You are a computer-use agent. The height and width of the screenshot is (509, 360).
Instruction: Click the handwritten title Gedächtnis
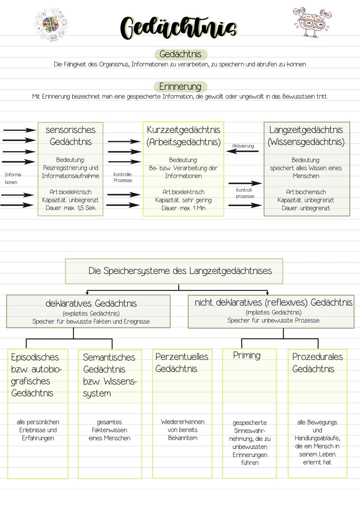tap(179, 27)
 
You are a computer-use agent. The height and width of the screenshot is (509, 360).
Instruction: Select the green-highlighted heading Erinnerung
tap(180, 87)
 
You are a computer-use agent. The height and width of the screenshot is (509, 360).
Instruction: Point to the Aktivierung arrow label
tap(243, 146)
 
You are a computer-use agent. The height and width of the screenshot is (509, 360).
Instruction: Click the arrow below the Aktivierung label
tap(242, 151)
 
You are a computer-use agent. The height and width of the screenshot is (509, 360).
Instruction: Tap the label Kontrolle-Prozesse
tap(123, 177)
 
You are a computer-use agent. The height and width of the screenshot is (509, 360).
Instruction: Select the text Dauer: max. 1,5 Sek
tap(70, 208)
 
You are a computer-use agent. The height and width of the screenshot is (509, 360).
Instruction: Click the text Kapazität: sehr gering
tap(183, 200)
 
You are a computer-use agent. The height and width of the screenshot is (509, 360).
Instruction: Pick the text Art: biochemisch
tap(306, 192)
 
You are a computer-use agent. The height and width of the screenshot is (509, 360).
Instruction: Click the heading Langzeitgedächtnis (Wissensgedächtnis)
tap(306, 136)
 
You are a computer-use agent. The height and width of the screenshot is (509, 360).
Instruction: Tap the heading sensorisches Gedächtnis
tap(70, 136)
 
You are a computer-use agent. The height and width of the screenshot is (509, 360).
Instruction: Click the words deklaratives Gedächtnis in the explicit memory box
tap(91, 303)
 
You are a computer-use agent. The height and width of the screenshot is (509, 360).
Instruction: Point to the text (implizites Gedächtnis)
tap(273, 312)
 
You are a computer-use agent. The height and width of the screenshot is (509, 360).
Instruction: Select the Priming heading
tap(247, 355)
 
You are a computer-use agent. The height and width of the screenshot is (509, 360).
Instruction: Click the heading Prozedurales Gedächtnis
tap(317, 363)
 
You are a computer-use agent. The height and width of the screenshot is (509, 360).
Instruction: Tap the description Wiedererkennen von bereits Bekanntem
tap(182, 430)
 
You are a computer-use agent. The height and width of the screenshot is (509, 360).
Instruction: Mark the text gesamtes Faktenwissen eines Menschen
tap(109, 430)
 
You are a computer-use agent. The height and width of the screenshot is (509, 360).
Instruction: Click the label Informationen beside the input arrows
tap(13, 178)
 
